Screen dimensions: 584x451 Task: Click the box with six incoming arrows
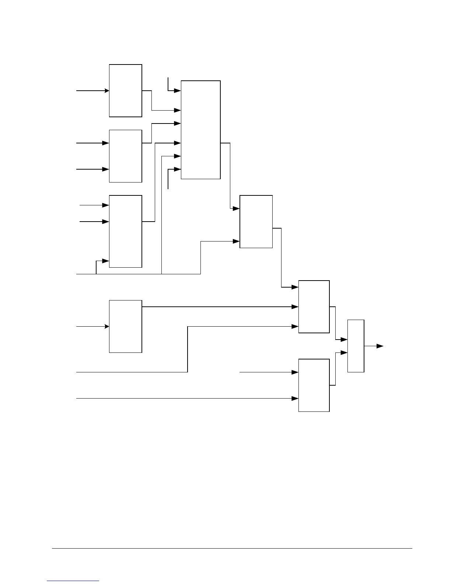(200, 130)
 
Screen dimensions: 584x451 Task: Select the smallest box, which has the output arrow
(356, 346)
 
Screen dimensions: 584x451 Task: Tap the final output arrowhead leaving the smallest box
(380, 346)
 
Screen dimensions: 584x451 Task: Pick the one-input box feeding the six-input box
(125, 91)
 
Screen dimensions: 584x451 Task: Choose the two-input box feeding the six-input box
(125, 156)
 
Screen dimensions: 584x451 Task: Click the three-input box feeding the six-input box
(125, 231)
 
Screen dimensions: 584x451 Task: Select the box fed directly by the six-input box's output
(256, 222)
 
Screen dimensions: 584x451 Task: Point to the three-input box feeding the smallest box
(314, 307)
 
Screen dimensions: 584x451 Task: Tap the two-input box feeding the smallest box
(314, 385)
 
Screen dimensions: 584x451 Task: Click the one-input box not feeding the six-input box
(125, 326)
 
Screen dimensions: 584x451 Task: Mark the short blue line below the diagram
(73, 581)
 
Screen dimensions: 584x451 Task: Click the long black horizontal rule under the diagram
(232, 548)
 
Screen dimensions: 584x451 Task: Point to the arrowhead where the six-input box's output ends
(237, 209)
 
